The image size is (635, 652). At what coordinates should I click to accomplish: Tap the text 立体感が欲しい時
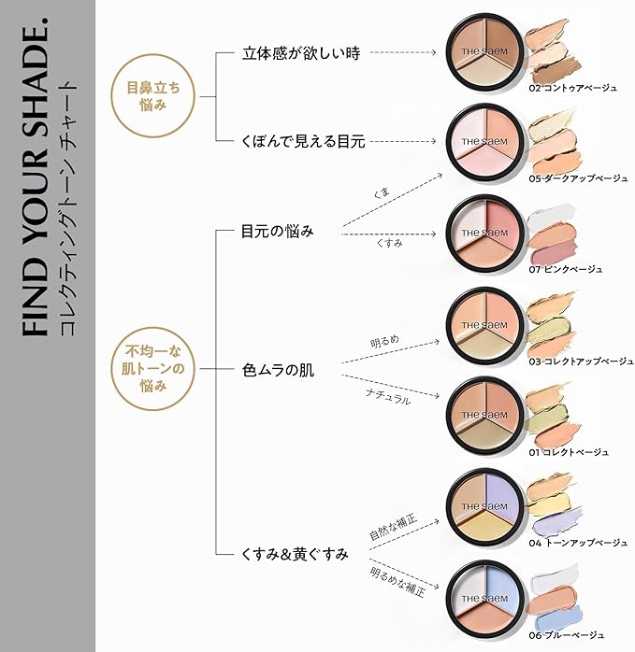[287, 53]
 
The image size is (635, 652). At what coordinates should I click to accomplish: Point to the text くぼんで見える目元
[302, 142]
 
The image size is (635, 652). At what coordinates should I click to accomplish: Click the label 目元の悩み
[277, 230]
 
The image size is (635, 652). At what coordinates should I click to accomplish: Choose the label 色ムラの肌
[278, 371]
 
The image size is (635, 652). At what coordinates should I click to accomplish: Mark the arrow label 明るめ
[383, 340]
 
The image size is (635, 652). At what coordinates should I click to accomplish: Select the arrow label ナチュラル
[387, 396]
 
